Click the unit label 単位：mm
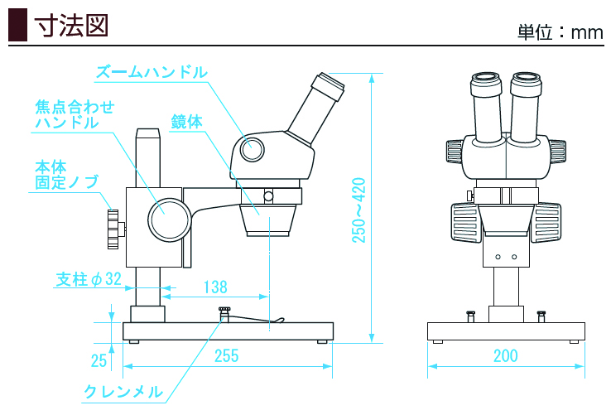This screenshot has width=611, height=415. (x=560, y=32)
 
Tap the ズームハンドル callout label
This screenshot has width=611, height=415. (x=151, y=72)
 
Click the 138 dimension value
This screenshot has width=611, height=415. (x=214, y=287)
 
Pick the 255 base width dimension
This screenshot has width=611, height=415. (x=226, y=356)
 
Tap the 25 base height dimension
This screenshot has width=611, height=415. (x=99, y=360)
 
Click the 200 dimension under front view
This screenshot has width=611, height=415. (x=505, y=356)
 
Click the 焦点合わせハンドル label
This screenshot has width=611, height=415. (x=75, y=114)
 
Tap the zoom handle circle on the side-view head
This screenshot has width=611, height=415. (x=253, y=149)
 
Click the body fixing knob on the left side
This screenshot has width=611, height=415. (x=113, y=229)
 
